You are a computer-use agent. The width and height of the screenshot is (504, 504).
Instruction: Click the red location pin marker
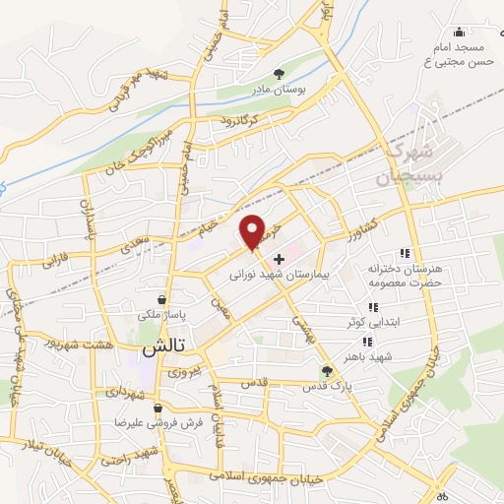pyautogui.click(x=253, y=231)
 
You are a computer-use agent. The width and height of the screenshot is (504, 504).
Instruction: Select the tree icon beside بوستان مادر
pyautogui.click(x=280, y=74)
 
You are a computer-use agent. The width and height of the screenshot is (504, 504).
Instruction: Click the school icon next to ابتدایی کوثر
pyautogui.click(x=372, y=306)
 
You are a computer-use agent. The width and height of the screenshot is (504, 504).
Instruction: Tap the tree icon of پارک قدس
pyautogui.click(x=327, y=370)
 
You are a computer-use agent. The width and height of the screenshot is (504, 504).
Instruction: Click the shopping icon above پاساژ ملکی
pyautogui.click(x=161, y=299)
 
